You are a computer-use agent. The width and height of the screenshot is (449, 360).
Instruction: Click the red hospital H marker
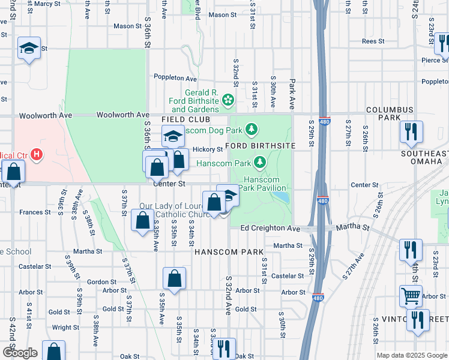(37, 155)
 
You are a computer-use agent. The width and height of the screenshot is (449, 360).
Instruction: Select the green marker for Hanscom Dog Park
(252, 129)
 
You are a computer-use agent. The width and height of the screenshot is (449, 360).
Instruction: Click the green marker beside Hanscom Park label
(260, 161)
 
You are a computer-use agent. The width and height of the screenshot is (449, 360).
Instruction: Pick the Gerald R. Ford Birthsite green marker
(228, 99)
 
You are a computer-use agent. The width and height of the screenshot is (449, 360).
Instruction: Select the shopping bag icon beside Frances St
(142, 221)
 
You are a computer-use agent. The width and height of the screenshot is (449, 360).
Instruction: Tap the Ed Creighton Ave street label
(270, 229)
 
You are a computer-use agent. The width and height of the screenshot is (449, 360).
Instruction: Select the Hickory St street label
(208, 149)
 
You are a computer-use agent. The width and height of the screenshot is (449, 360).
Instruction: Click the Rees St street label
(373, 41)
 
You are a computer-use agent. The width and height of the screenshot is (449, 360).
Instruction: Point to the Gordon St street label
(101, 282)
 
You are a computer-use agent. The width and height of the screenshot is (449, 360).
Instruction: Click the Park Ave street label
(292, 94)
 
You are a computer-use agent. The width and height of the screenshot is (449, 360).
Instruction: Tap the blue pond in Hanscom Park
(283, 199)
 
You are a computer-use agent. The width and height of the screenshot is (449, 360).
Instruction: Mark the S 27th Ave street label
(354, 266)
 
